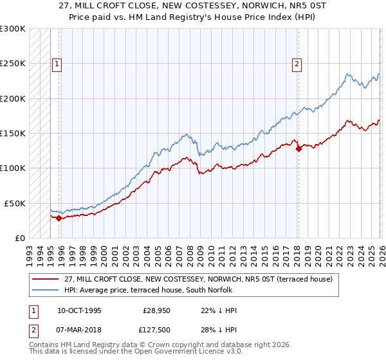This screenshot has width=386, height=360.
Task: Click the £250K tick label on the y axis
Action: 13,64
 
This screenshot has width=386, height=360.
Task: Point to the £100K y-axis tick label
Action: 13,168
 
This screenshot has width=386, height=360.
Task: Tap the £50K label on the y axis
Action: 15,203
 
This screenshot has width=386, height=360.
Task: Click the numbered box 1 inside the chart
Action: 57,64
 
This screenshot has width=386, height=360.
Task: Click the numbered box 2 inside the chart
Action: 297,64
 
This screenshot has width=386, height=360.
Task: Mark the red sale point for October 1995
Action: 59,218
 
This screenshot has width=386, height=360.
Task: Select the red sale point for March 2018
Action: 299,149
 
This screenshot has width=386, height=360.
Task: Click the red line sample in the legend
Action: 46,279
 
